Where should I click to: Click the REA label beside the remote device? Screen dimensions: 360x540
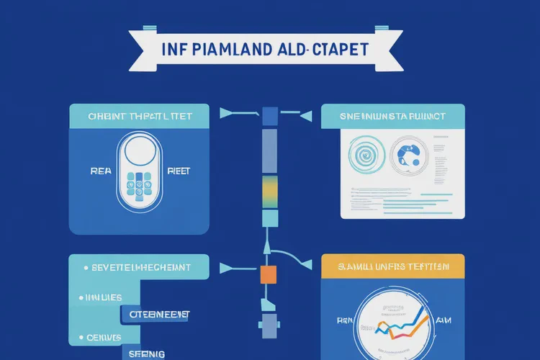101,171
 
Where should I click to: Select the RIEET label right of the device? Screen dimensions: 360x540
178,171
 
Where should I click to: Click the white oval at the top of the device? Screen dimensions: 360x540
140,153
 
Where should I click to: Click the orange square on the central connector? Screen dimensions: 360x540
268,274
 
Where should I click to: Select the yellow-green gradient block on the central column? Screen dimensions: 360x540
269,191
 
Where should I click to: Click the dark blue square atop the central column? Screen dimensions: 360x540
270,116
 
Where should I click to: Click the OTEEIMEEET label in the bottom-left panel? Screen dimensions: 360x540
160,315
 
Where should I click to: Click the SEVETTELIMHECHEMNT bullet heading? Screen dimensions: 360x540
140,267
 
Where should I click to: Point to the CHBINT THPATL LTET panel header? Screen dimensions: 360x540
139,116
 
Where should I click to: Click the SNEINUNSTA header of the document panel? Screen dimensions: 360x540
392,116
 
